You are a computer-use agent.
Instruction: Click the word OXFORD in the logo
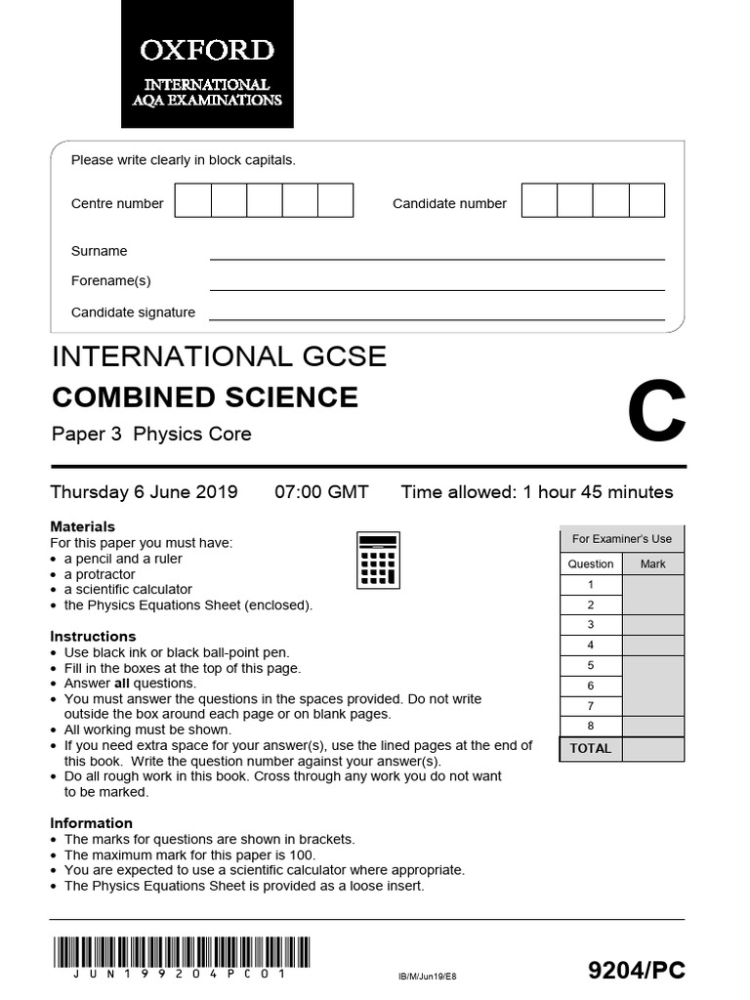[206, 50]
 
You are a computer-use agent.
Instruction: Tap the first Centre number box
[193, 200]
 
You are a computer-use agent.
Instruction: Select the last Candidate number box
[646, 200]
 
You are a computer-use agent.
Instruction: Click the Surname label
[99, 251]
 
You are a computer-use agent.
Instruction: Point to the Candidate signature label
[133, 312]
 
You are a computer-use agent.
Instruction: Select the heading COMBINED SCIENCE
[204, 397]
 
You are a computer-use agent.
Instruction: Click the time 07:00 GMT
[321, 492]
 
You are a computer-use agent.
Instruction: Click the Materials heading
[83, 526]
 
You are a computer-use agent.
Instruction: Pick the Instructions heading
[93, 637]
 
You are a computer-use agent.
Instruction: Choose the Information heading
[91, 823]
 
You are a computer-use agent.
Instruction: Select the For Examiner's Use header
[621, 539]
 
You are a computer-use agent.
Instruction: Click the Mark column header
[652, 563]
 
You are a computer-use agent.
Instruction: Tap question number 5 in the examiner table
[590, 666]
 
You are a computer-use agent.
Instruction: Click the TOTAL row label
[590, 748]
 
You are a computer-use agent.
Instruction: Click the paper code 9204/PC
[637, 970]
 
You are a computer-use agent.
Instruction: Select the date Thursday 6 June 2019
[144, 492]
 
